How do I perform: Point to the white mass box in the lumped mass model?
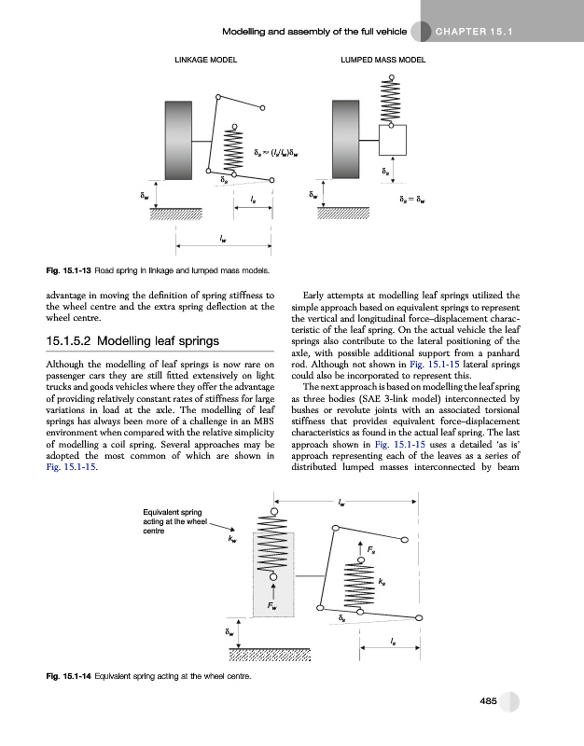pos(395,139)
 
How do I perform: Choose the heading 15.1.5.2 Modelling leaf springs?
pos(133,340)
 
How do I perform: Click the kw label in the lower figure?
pos(232,538)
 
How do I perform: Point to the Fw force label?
pos(272,606)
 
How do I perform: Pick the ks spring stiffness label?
pos(382,582)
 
